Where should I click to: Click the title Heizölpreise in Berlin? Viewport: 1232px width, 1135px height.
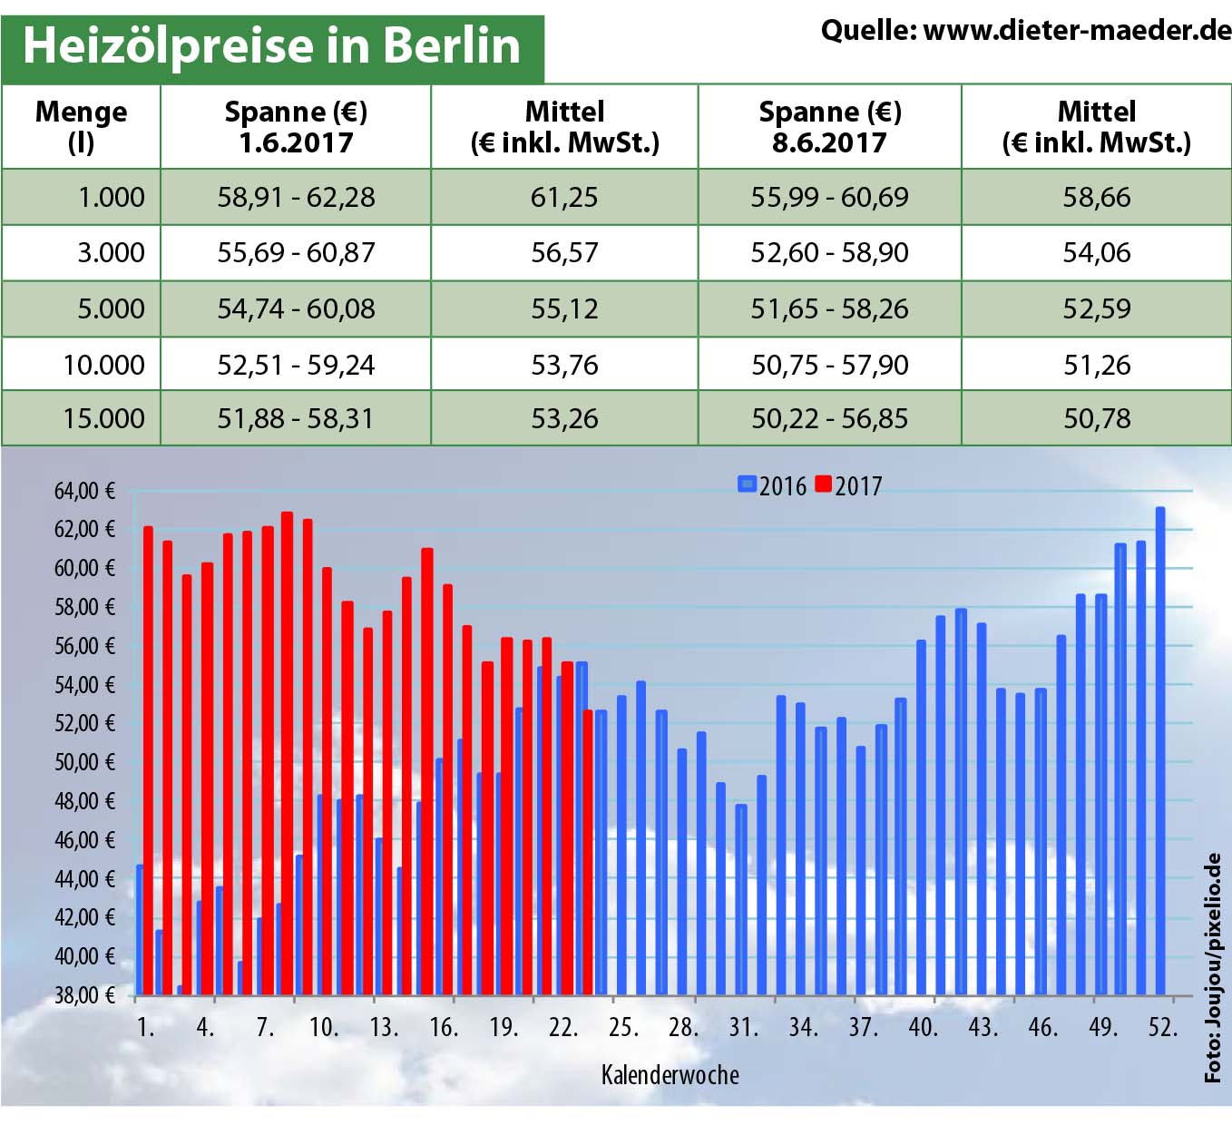click(x=271, y=45)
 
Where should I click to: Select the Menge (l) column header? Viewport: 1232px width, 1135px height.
click(x=81, y=127)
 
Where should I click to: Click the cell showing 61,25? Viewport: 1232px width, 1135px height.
click(x=564, y=198)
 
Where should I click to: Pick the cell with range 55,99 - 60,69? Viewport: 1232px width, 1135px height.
click(x=829, y=198)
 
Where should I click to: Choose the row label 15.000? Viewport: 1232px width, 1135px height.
click(x=103, y=419)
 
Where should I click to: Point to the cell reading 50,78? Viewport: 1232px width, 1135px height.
click(x=1097, y=419)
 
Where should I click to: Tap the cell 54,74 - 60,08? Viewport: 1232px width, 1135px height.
click(x=296, y=309)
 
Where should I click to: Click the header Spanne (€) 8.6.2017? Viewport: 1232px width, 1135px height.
click(x=829, y=127)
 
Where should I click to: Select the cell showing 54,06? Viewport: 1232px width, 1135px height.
click(x=1097, y=253)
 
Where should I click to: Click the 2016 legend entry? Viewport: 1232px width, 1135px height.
click(x=772, y=486)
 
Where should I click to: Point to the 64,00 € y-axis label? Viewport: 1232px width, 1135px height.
click(x=85, y=492)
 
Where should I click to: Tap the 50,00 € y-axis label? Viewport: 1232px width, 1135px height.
click(x=85, y=762)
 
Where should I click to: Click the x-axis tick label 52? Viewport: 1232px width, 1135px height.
click(x=1162, y=1027)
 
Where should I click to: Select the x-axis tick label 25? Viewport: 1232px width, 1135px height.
click(x=623, y=1027)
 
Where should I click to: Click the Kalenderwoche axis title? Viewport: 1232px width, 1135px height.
click(x=670, y=1075)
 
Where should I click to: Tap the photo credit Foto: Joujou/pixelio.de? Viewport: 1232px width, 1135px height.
click(x=1213, y=967)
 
